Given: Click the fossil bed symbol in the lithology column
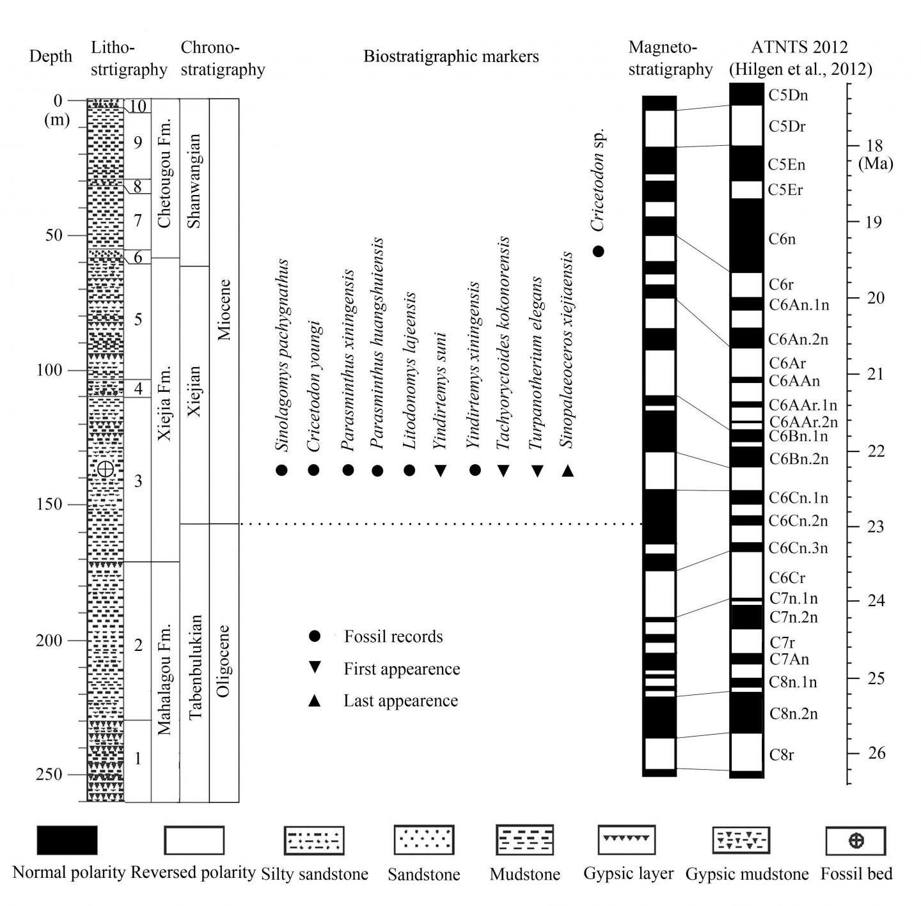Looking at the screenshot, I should [106, 469].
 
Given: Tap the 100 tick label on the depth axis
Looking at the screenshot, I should [49, 370].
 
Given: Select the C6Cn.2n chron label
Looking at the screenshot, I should [798, 521].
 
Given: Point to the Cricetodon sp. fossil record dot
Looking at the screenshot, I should [599, 251].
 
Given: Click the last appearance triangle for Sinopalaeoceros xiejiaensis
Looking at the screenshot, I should [567, 471].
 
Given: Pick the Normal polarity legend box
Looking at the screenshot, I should [67, 840].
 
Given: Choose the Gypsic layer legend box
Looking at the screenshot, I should [627, 840].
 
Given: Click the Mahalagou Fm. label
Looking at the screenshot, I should [165, 679].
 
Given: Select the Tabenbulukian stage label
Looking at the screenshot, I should [195, 667].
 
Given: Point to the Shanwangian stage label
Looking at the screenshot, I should [194, 181].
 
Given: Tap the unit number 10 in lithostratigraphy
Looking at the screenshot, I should [138, 106].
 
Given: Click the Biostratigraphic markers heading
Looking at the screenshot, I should [451, 56].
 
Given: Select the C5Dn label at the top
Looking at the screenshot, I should [788, 95].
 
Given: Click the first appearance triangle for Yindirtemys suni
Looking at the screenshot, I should [440, 471].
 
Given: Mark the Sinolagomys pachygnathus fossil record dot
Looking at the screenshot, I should [281, 471].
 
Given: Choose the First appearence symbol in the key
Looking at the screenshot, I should [314, 668].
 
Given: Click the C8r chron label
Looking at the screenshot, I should [782, 754].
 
